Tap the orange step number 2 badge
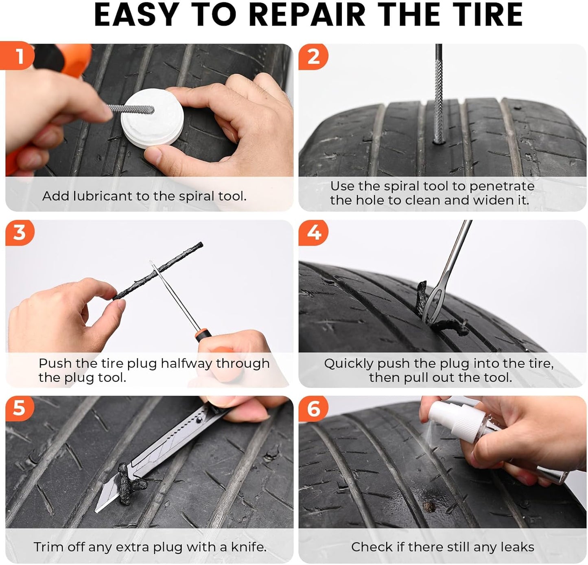pyautogui.click(x=313, y=57)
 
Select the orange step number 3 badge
pyautogui.click(x=20, y=233)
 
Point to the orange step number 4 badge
pyautogui.click(x=313, y=233)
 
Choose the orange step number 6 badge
pyautogui.click(x=313, y=409)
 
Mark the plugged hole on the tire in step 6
pyautogui.click(x=428, y=506)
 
